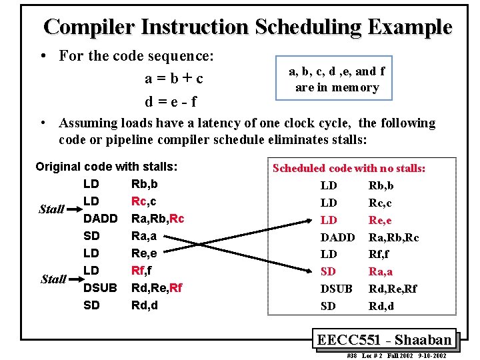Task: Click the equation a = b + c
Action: [x=174, y=79]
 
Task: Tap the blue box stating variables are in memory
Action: [x=337, y=79]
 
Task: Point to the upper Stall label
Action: [x=51, y=209]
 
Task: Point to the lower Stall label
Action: [x=53, y=279]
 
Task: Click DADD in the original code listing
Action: [x=100, y=219]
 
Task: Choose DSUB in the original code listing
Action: [x=100, y=288]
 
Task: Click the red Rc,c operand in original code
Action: [x=144, y=201]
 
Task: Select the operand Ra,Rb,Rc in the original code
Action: [x=157, y=219]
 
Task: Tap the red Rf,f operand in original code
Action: [x=141, y=271]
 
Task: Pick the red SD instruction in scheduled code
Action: [x=329, y=271]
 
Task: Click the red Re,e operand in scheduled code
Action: [x=380, y=220]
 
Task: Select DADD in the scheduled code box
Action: [x=337, y=237]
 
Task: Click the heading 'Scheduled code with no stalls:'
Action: [x=349, y=169]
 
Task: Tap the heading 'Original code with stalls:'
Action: [x=110, y=167]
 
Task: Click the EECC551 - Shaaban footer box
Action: [x=384, y=339]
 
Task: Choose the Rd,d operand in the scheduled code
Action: [x=381, y=306]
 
